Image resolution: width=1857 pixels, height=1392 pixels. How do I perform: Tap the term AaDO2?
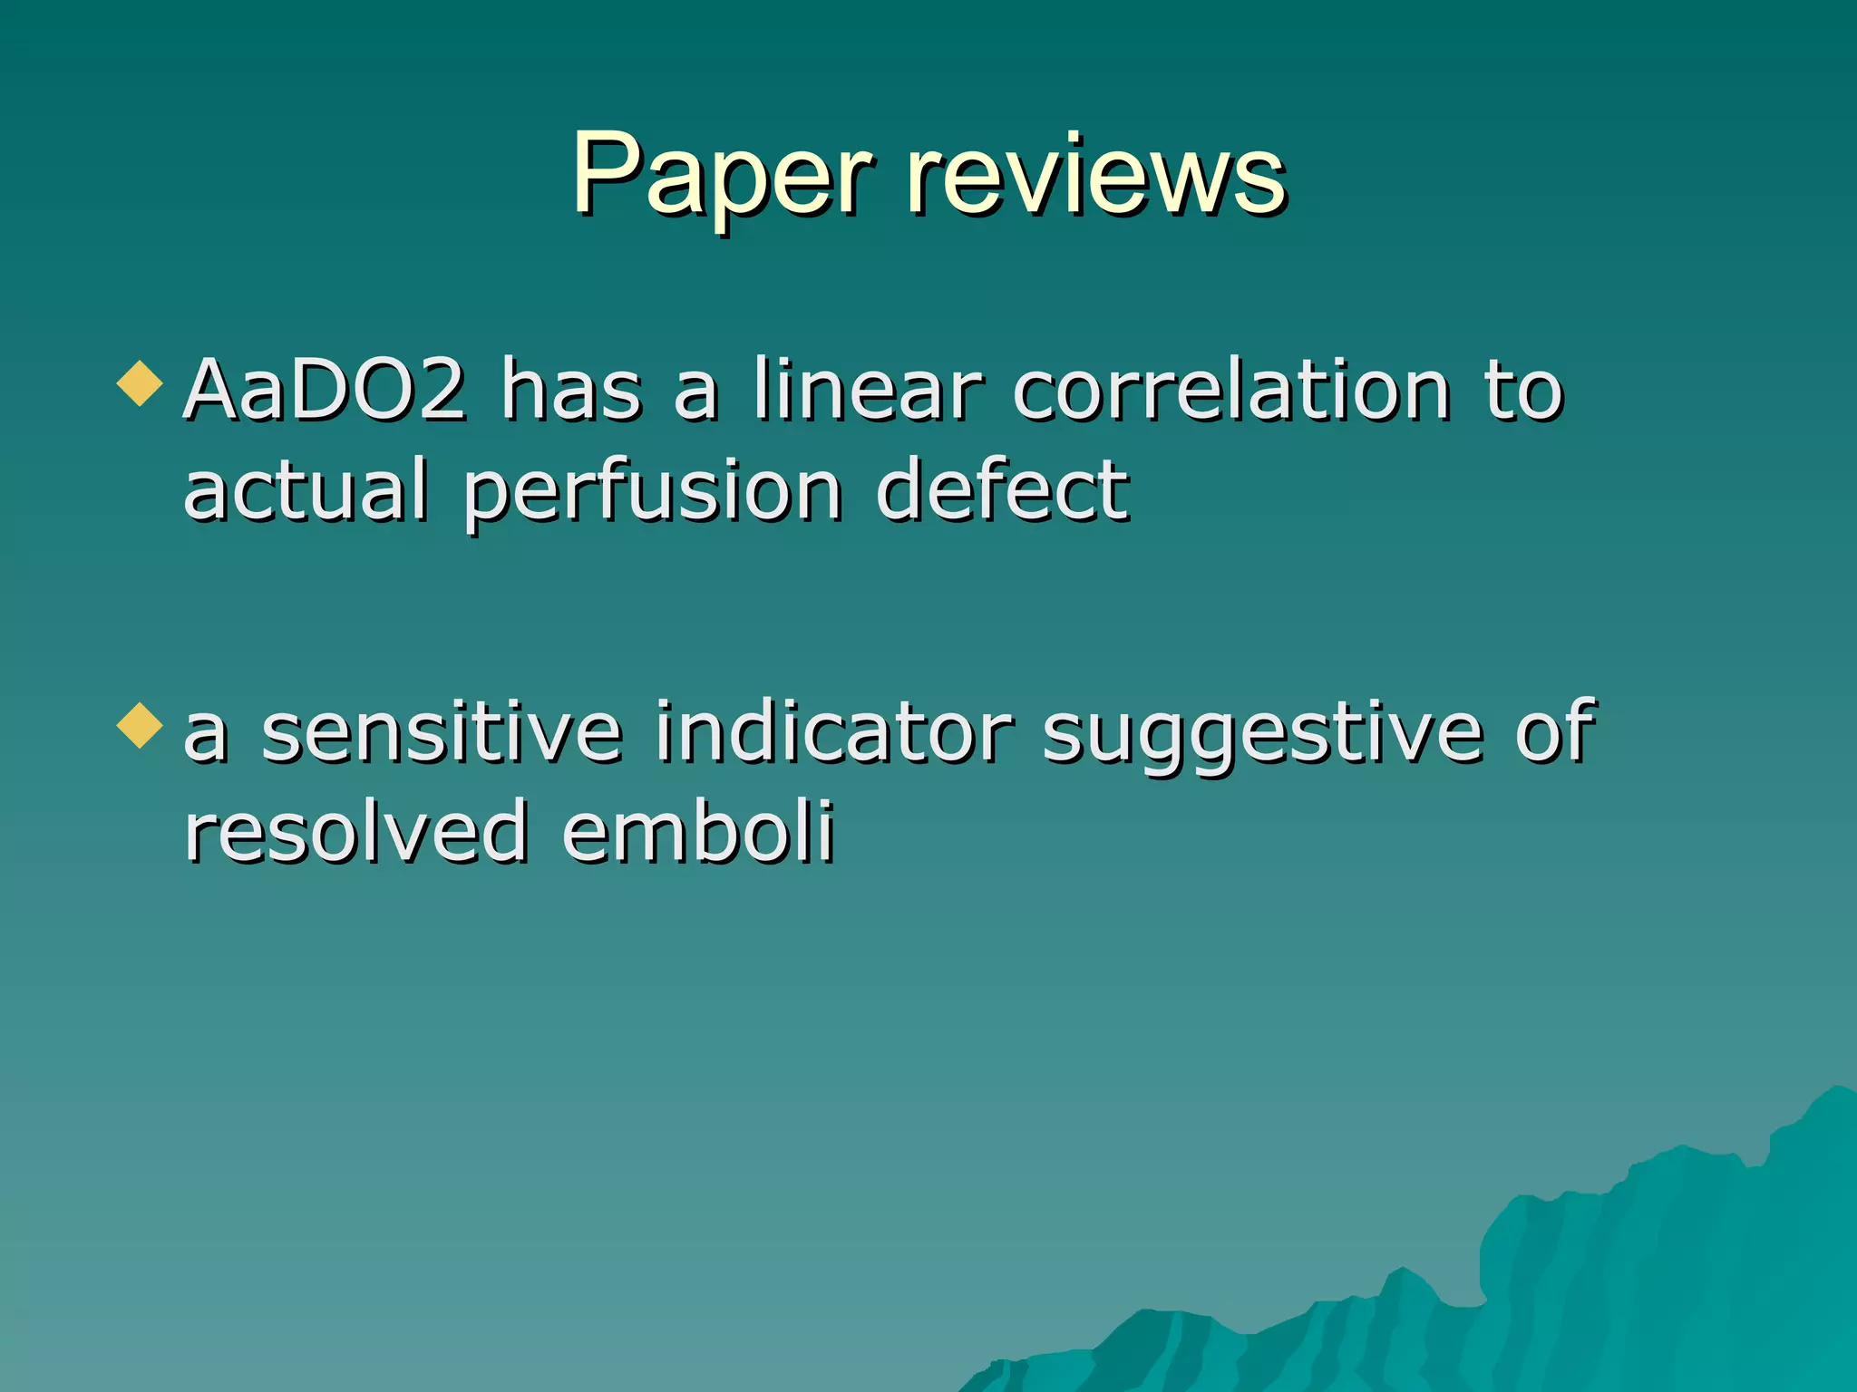point(326,391)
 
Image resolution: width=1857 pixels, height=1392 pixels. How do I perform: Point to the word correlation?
point(1232,391)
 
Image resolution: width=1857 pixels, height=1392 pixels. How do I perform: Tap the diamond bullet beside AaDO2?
point(140,383)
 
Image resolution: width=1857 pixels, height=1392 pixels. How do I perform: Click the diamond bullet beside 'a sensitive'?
point(140,725)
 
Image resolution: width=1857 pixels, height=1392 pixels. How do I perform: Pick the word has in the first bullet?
point(571,391)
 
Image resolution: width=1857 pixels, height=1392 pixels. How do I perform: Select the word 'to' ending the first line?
point(1524,391)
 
